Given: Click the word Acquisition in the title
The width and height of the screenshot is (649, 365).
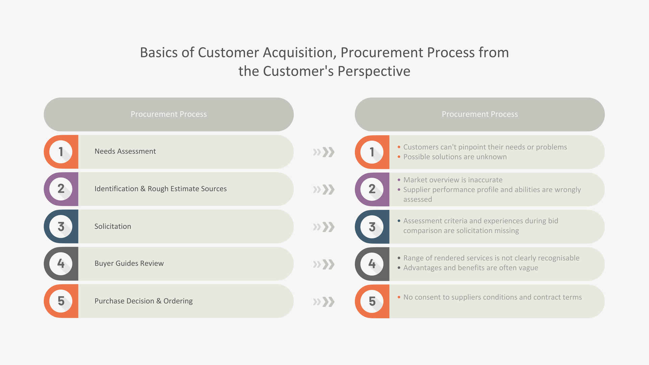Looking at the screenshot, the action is tap(299, 53).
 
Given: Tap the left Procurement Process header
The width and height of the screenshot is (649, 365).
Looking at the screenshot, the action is tap(169, 114).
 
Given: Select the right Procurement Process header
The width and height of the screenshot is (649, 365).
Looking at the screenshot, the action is tap(480, 114).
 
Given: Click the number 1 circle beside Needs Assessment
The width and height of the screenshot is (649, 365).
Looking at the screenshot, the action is tap(61, 152).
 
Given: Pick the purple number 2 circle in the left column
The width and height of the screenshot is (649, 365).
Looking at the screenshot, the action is tap(61, 189).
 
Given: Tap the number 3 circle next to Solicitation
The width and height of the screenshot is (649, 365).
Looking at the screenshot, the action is tap(61, 226).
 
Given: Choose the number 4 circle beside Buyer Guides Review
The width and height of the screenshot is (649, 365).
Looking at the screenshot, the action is tap(61, 264).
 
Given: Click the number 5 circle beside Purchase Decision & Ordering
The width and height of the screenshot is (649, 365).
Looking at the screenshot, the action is tap(61, 301).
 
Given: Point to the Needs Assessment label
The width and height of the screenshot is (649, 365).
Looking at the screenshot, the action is tap(125, 151).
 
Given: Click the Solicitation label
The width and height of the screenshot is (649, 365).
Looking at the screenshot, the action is tap(113, 226).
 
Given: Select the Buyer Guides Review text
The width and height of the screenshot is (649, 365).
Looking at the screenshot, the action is tap(129, 264).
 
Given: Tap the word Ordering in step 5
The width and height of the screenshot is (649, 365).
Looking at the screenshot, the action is tap(178, 301).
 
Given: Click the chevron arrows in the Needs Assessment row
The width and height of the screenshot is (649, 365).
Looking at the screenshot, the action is tap(324, 152).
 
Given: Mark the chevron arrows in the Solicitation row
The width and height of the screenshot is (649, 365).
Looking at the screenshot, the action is tap(324, 227).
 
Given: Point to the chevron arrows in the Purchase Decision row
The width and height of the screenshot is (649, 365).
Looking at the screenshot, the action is tap(324, 301).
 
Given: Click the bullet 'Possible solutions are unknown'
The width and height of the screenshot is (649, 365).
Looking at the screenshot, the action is tap(455, 157).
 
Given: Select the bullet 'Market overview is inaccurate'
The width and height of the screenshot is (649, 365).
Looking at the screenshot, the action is tap(453, 180).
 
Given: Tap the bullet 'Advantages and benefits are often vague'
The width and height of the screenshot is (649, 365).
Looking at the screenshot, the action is tap(471, 268).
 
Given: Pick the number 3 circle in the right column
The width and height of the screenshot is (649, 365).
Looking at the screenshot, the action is tap(372, 227).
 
